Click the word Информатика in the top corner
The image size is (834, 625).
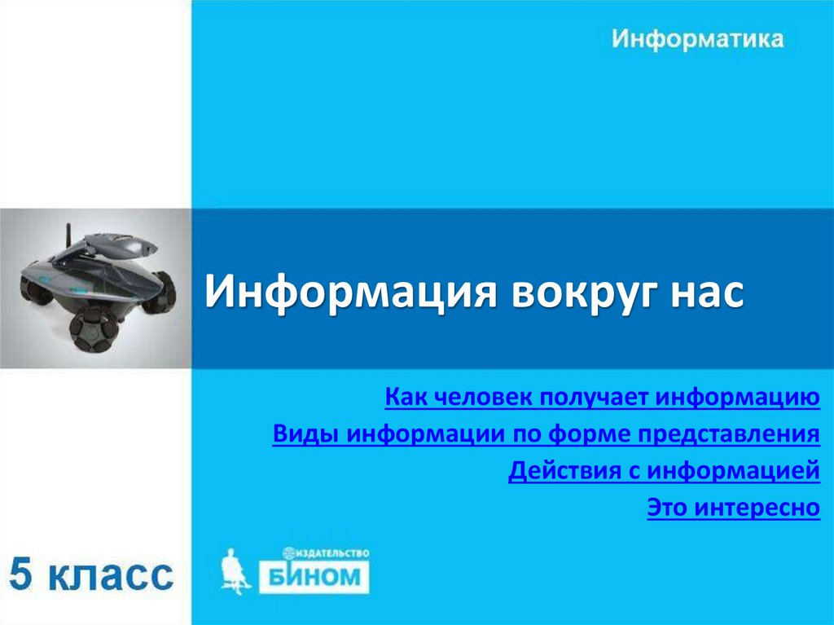click(698, 39)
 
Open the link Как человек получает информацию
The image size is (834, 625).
click(602, 398)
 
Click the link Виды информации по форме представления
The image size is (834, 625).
click(546, 434)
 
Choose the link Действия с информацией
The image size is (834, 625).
click(663, 472)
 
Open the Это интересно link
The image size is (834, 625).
click(733, 508)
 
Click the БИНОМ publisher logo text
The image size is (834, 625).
click(314, 577)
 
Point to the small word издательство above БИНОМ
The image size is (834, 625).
click(330, 552)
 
